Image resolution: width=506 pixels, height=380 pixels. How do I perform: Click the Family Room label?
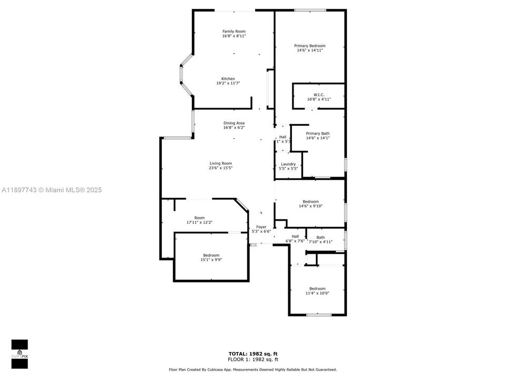click(233, 32)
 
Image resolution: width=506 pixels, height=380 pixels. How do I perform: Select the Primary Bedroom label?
click(309, 46)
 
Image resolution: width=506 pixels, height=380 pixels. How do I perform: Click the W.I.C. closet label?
click(318, 94)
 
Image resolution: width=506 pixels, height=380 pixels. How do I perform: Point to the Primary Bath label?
click(318, 134)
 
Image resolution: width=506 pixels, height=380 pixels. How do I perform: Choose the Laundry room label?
click(288, 164)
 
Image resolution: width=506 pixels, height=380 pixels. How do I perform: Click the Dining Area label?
click(234, 123)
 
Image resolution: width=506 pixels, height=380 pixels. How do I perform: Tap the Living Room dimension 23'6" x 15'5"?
click(220, 168)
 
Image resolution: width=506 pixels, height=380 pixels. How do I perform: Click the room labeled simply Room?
click(199, 218)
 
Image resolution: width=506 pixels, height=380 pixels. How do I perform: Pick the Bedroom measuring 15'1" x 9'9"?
click(211, 260)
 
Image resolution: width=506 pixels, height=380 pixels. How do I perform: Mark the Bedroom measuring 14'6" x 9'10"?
click(310, 206)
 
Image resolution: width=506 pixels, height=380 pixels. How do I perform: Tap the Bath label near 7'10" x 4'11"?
click(320, 237)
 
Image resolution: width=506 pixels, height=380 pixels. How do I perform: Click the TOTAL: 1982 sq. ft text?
click(252, 353)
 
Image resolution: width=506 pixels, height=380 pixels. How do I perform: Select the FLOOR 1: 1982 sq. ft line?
click(252, 359)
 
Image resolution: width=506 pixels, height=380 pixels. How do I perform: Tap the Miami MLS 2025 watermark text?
click(51, 189)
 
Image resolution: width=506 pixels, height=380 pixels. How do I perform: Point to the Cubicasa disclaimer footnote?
click(252, 369)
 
